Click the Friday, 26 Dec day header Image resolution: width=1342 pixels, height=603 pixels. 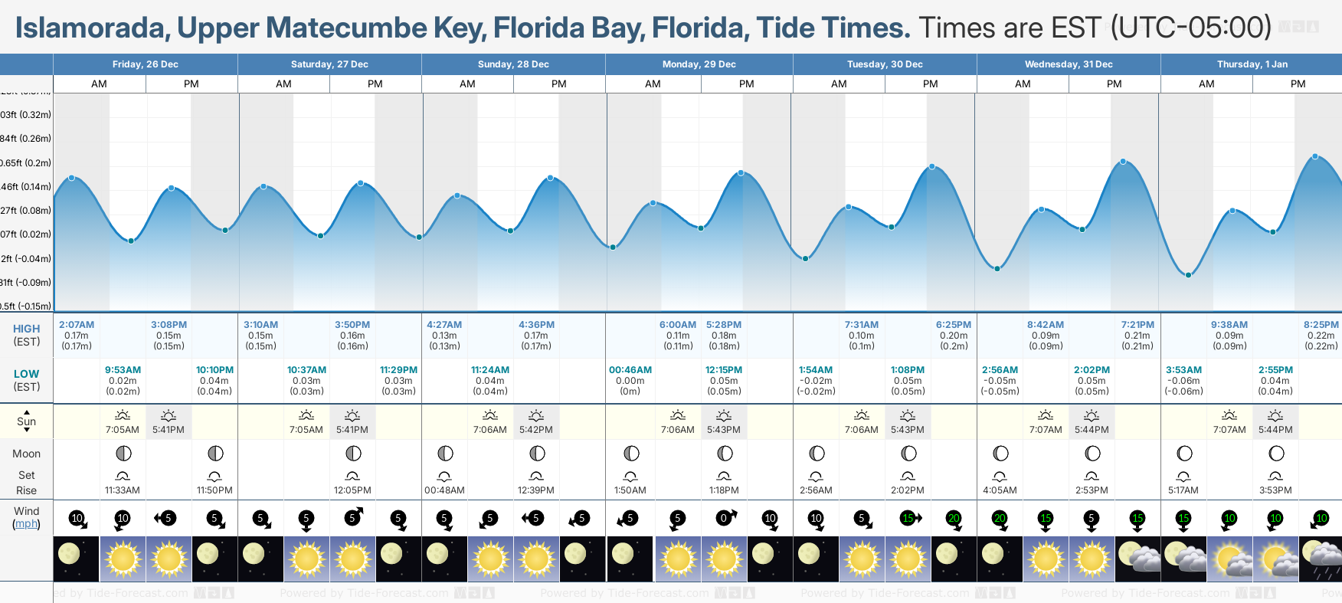pyautogui.click(x=146, y=64)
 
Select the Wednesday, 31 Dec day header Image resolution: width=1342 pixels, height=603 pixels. pyautogui.click(x=1069, y=64)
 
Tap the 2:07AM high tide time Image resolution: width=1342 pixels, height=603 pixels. pyautogui.click(x=77, y=325)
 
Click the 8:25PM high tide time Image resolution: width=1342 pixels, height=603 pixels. pyautogui.click(x=1321, y=325)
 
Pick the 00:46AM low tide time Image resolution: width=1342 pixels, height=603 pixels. pyautogui.click(x=630, y=370)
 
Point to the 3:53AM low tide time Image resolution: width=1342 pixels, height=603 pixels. pyautogui.click(x=1183, y=370)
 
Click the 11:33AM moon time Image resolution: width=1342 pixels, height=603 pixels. pyautogui.click(x=123, y=490)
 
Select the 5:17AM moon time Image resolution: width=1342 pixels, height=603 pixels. pyautogui.click(x=1183, y=490)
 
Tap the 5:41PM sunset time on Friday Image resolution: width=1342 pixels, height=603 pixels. pyautogui.click(x=169, y=430)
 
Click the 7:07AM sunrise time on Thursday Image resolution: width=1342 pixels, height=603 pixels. pyautogui.click(x=1229, y=430)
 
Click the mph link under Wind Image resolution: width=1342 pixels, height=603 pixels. pyautogui.click(x=26, y=524)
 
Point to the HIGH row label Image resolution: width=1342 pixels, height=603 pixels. pyautogui.click(x=26, y=329)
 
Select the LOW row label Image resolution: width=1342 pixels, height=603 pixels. pyautogui.click(x=26, y=374)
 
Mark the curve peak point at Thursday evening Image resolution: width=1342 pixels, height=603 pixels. pyautogui.click(x=1315, y=156)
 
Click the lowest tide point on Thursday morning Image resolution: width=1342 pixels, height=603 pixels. pyautogui.click(x=1188, y=275)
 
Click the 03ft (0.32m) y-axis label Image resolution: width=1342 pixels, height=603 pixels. pyautogui.click(x=26, y=115)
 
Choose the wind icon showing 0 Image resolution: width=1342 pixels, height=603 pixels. pyautogui.click(x=724, y=519)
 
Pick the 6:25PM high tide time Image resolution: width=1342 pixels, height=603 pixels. pyautogui.click(x=954, y=325)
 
